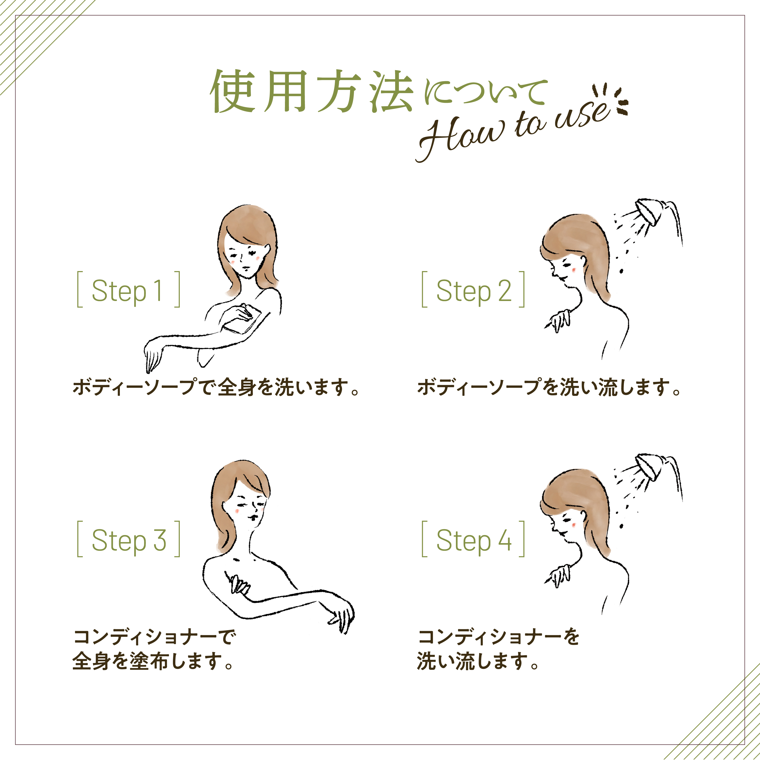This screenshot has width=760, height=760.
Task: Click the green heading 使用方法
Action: pos(311,91)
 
